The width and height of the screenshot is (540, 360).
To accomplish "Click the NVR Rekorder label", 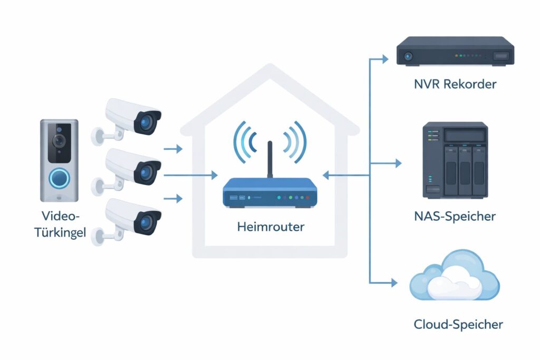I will click(x=454, y=84).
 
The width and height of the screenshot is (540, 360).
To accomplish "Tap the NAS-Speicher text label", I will click(x=454, y=216).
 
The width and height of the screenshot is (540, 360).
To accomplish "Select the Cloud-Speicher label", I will click(x=457, y=324).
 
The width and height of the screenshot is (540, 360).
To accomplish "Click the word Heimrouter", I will click(x=271, y=227).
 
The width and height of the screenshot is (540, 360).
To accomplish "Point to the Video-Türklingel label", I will click(x=59, y=225).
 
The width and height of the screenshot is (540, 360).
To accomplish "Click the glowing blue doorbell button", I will click(x=59, y=178).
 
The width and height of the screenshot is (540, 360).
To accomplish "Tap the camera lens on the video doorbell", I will click(x=59, y=140).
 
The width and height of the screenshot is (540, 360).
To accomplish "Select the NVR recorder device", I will click(x=455, y=52).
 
